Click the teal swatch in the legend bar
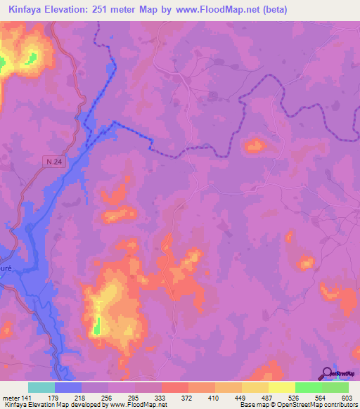point(41,387)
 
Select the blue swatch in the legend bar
point(68,387)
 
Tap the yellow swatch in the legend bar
point(282,387)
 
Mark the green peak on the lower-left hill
point(98,325)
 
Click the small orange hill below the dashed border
point(254,146)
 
